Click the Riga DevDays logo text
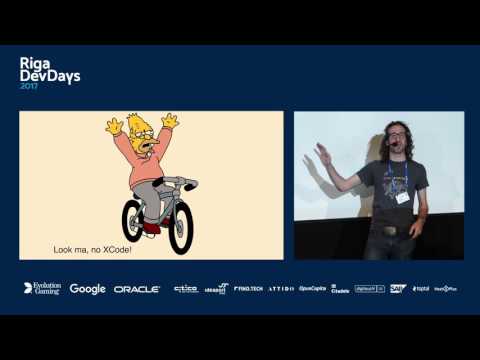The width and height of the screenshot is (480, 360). coord(50,68)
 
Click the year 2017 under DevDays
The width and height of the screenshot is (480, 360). coord(31,85)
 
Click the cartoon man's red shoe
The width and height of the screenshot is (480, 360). coord(151,227)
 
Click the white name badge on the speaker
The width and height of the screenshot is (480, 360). coord(403,197)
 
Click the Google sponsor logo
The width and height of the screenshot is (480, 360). coord(87,289)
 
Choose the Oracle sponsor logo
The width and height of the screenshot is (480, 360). coord(137,289)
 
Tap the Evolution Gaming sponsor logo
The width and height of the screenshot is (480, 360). coord(42,288)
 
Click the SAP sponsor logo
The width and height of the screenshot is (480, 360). coord(398,289)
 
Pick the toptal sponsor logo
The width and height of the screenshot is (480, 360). coord(420,289)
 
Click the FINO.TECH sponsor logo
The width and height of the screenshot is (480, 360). coord(248,289)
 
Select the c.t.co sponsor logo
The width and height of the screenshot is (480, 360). coord(185,289)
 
